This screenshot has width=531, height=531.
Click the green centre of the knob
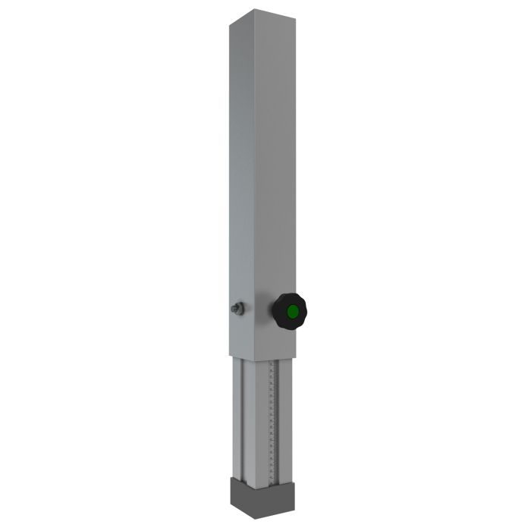(292, 311)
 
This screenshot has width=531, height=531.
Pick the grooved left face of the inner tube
(243, 417)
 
